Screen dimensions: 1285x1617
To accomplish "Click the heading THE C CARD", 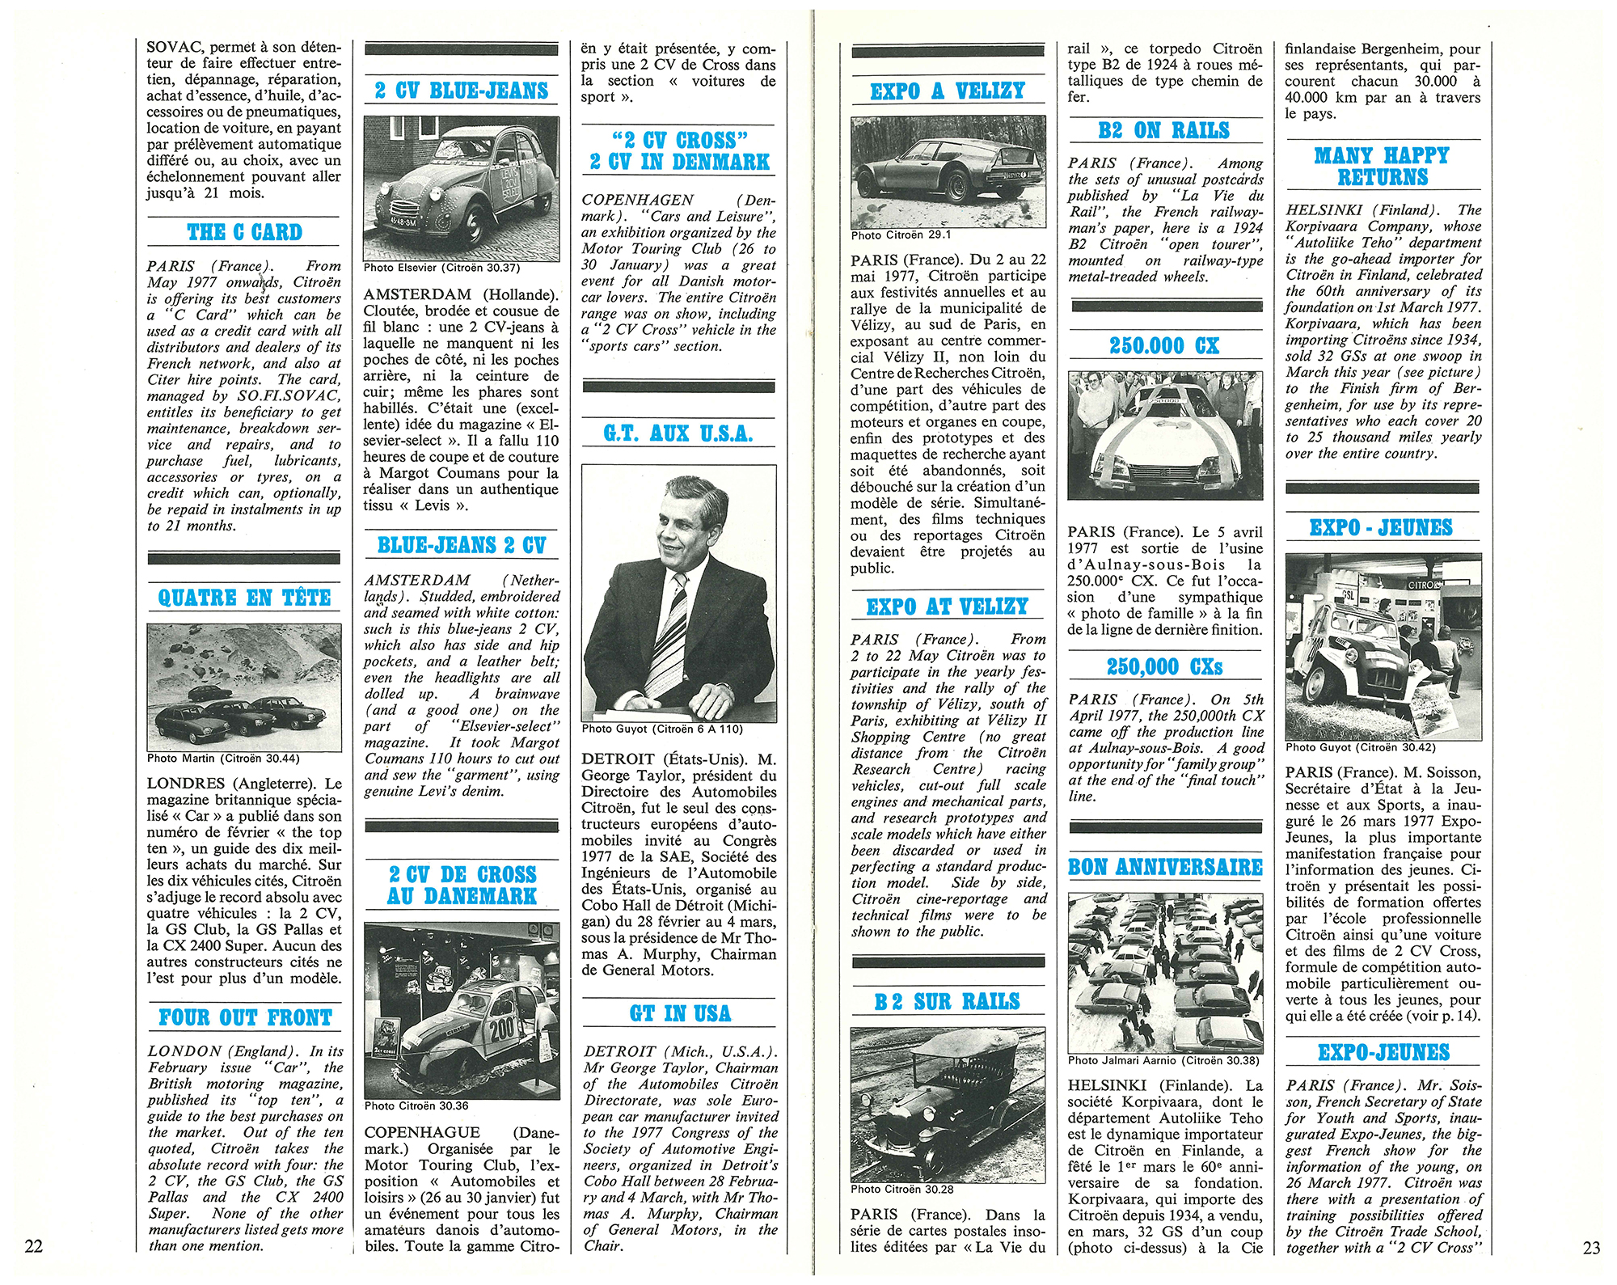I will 244,233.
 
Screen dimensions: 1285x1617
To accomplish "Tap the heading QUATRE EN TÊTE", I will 244,598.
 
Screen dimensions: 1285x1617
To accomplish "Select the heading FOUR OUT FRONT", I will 245,1017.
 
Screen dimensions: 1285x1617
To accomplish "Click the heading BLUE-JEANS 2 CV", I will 462,545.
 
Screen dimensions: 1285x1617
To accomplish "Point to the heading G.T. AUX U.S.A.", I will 678,434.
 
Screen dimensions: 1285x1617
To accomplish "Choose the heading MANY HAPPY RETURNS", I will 1382,166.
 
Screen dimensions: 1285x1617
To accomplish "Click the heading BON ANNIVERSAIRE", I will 1164,867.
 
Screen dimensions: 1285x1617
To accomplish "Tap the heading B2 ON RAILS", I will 1164,130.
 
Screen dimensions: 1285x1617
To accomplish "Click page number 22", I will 33,1246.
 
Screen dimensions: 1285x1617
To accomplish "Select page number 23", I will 1590,1248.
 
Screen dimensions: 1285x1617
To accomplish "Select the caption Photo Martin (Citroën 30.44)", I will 223,759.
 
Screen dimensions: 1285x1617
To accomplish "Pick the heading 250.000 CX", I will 1164,346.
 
